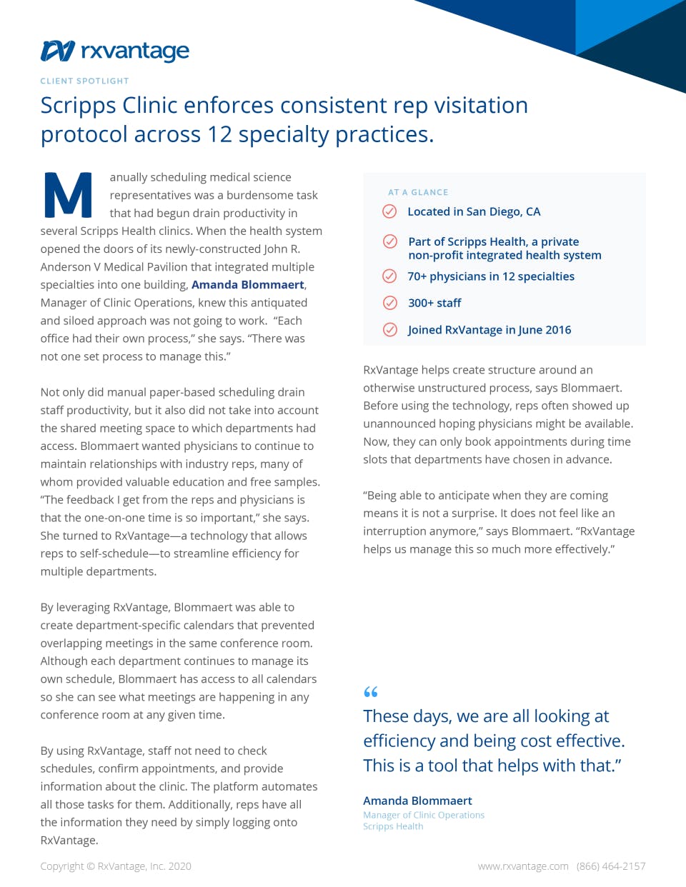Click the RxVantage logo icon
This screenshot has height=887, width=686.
tap(58, 51)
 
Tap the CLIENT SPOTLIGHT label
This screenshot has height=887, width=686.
tap(84, 81)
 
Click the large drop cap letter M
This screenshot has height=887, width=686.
tap(68, 194)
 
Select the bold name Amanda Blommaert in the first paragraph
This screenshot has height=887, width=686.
tap(248, 285)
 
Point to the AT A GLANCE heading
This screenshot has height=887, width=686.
tap(418, 192)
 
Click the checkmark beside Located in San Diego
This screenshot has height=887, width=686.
tap(389, 211)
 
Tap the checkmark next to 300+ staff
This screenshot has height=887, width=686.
tap(390, 303)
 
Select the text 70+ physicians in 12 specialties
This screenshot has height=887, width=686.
tap(491, 276)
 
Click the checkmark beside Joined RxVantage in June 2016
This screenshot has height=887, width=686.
tap(390, 330)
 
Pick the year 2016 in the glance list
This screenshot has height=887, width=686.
tap(558, 330)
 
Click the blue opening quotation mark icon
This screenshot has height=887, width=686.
tap(371, 691)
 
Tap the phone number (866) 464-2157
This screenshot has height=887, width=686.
tap(611, 866)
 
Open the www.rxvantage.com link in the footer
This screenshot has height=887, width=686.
tap(523, 866)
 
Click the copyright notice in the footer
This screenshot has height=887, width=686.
tap(116, 866)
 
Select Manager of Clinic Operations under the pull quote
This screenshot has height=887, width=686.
tap(424, 815)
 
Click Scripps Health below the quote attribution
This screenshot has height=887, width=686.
tap(393, 826)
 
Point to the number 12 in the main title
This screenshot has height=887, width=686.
tap(220, 134)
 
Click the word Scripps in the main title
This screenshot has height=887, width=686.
tap(79, 106)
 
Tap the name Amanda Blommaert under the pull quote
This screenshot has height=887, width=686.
tap(417, 801)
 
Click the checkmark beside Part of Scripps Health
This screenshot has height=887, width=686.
tap(390, 241)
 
